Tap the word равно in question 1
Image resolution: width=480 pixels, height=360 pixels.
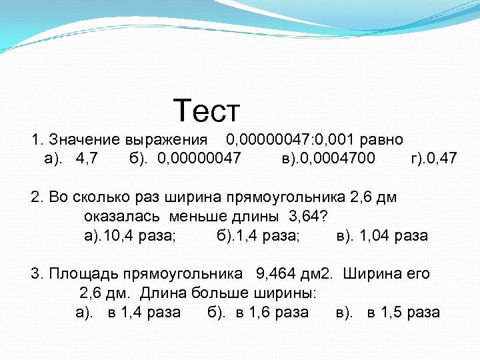381,140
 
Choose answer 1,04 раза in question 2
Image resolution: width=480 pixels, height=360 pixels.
393,235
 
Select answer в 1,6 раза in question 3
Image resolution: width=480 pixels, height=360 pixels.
272,312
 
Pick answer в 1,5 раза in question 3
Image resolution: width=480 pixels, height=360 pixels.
403,312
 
